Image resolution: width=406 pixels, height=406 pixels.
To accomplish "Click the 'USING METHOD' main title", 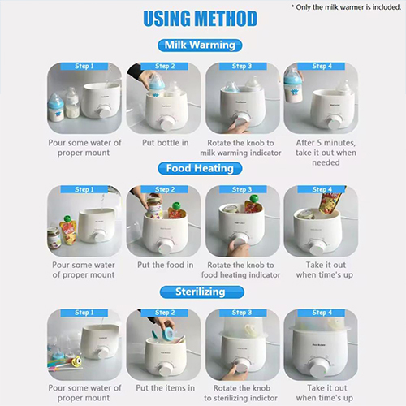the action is click(200, 19).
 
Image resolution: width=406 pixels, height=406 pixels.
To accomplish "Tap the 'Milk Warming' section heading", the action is click(200, 45).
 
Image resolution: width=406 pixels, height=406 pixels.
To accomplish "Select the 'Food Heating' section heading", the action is click(200, 168).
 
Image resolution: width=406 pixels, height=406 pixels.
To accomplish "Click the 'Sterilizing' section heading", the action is click(201, 292).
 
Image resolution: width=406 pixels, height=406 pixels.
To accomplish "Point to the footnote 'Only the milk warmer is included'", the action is click(347, 7).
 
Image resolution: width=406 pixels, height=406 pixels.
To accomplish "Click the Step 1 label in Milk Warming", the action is click(84, 67).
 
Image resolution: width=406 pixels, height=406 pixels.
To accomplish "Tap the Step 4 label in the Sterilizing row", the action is click(322, 313).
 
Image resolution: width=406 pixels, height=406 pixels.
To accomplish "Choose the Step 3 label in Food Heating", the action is click(242, 189).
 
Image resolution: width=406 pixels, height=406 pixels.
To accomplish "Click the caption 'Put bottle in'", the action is click(166, 143).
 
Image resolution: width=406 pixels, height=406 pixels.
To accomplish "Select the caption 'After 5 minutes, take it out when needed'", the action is click(326, 153).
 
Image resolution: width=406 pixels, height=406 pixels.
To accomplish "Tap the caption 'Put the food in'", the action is click(166, 265).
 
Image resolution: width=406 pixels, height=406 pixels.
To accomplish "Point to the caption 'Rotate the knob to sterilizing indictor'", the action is click(241, 393).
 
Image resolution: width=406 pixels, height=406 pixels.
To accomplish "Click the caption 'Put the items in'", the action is click(166, 388).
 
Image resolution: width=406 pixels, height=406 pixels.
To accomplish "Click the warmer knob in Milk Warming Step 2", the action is click(166, 123).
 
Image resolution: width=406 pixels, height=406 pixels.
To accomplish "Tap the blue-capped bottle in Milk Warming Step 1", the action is click(56, 107).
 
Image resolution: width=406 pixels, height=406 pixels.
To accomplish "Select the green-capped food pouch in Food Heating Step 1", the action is click(67, 230).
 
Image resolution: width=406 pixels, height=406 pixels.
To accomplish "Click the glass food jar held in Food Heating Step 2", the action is click(154, 206).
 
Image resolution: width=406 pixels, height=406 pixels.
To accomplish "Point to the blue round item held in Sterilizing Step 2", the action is click(166, 332).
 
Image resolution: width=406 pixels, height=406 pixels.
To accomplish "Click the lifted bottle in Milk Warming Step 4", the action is click(293, 86).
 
